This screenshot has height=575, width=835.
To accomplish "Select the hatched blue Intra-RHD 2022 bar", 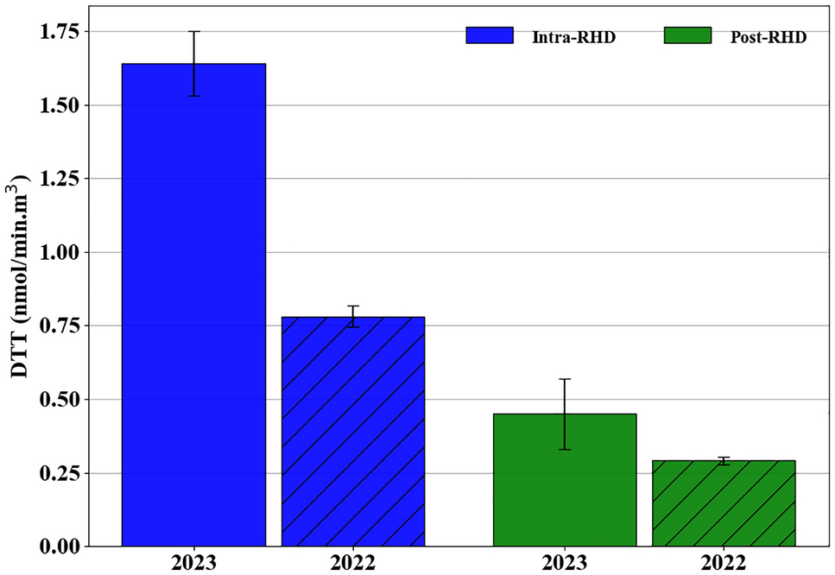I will pyautogui.click(x=352, y=432).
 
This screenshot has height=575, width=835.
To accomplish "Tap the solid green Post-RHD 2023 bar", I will pyautogui.click(x=565, y=480).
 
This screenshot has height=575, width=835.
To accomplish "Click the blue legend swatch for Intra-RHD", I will pyautogui.click(x=490, y=35).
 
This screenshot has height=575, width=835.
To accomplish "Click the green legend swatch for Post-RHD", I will pyautogui.click(x=687, y=35).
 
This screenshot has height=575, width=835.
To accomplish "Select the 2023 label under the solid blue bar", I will pyautogui.click(x=193, y=563).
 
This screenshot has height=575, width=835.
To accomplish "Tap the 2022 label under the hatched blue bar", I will pyautogui.click(x=352, y=563).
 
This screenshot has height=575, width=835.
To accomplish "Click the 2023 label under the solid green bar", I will pyautogui.click(x=565, y=563).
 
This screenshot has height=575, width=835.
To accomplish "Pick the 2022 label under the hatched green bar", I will pyautogui.click(x=724, y=563).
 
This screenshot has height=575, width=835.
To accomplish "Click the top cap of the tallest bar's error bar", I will pyautogui.click(x=194, y=32).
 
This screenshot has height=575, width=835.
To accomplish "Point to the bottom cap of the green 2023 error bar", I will pyautogui.click(x=565, y=449).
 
